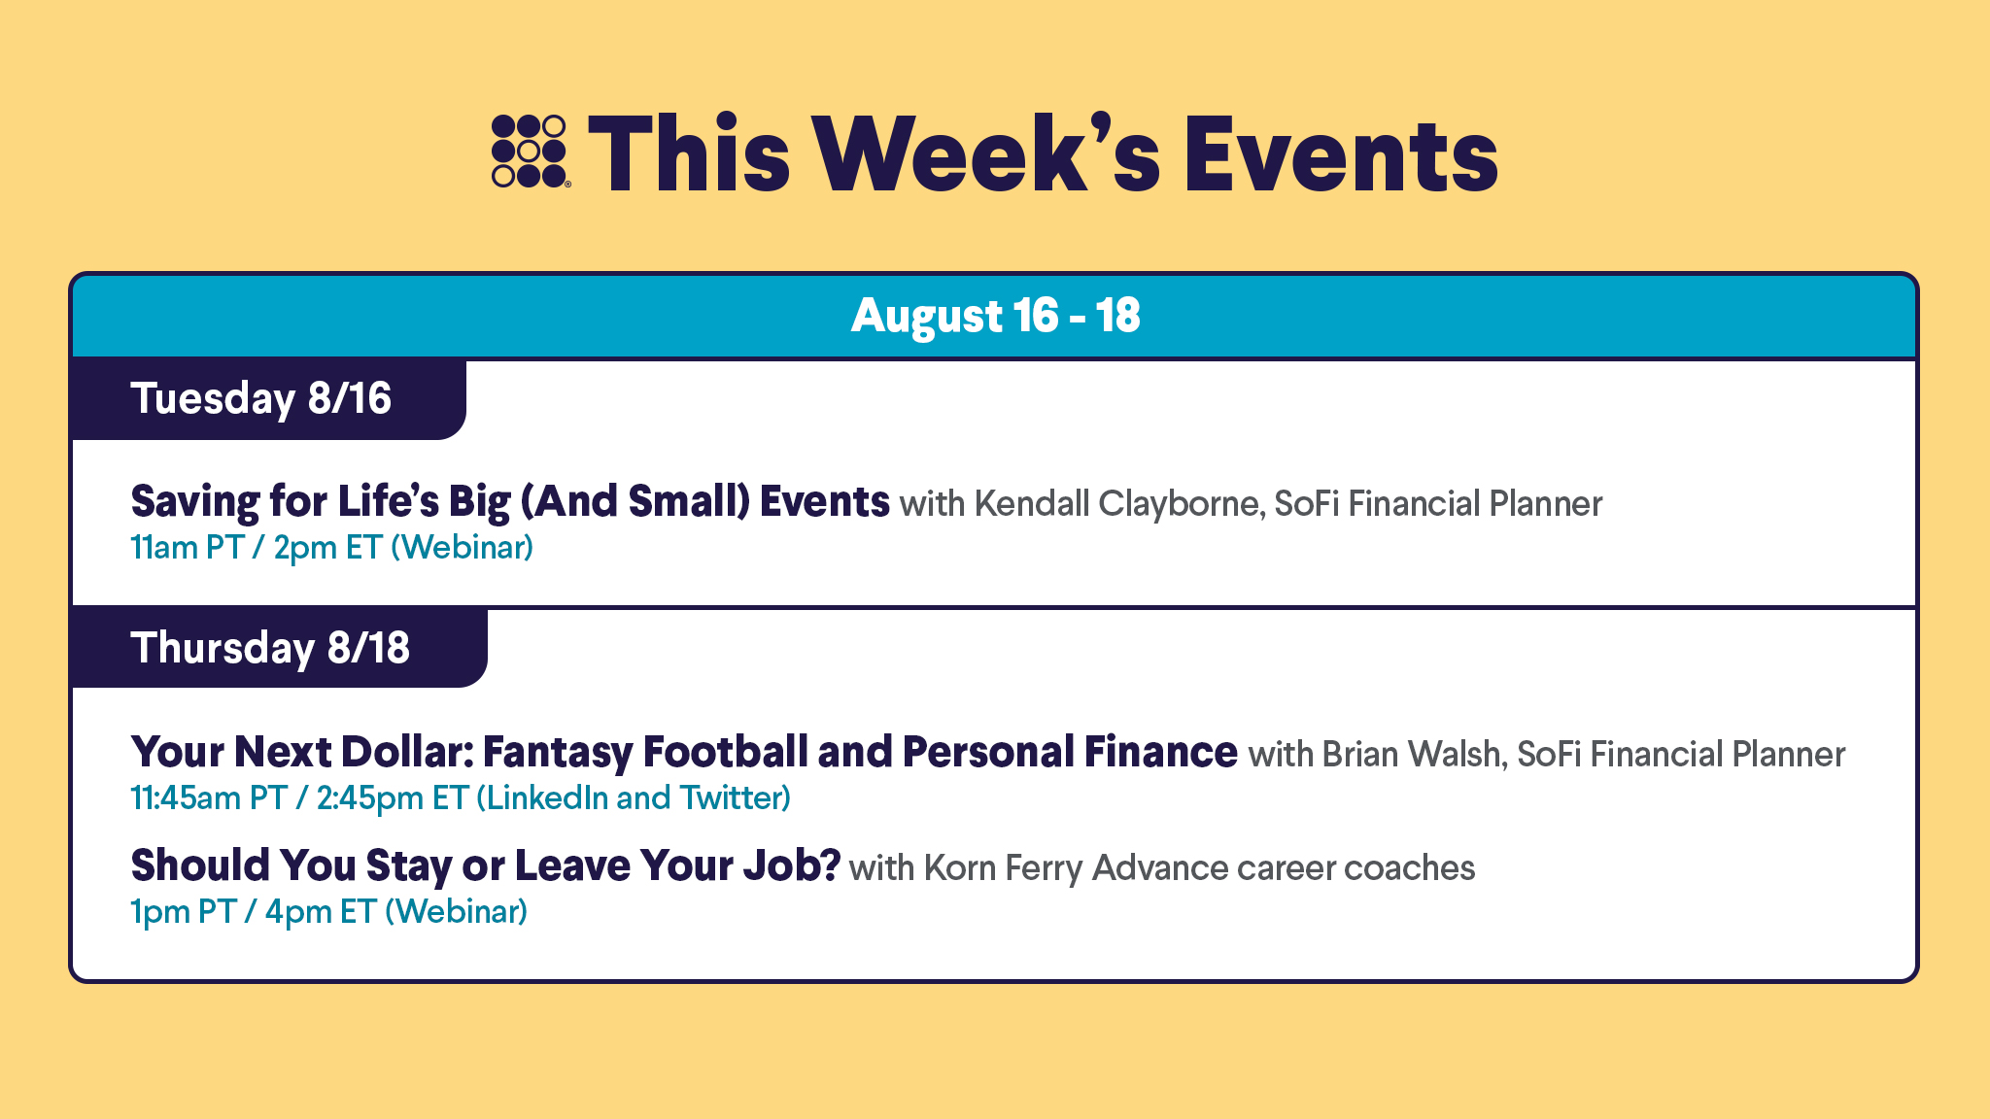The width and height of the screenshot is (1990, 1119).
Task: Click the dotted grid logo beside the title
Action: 530,151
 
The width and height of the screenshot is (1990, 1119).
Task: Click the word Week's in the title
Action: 986,153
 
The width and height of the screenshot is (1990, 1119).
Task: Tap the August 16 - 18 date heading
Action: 995,316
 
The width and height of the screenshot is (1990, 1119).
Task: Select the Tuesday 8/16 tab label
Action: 260,399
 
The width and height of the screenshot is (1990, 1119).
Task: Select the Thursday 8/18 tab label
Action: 270,648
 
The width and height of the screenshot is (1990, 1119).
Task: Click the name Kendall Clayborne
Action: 1118,504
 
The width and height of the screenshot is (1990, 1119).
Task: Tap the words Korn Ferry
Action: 1003,867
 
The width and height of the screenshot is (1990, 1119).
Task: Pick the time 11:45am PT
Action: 209,798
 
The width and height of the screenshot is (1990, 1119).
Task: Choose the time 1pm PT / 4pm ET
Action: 254,912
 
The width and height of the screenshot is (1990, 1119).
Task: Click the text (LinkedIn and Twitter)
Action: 634,798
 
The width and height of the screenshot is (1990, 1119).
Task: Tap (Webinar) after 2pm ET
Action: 463,548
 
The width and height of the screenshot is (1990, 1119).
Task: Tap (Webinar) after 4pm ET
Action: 457,912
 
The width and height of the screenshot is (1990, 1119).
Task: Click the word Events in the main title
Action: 1341,153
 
